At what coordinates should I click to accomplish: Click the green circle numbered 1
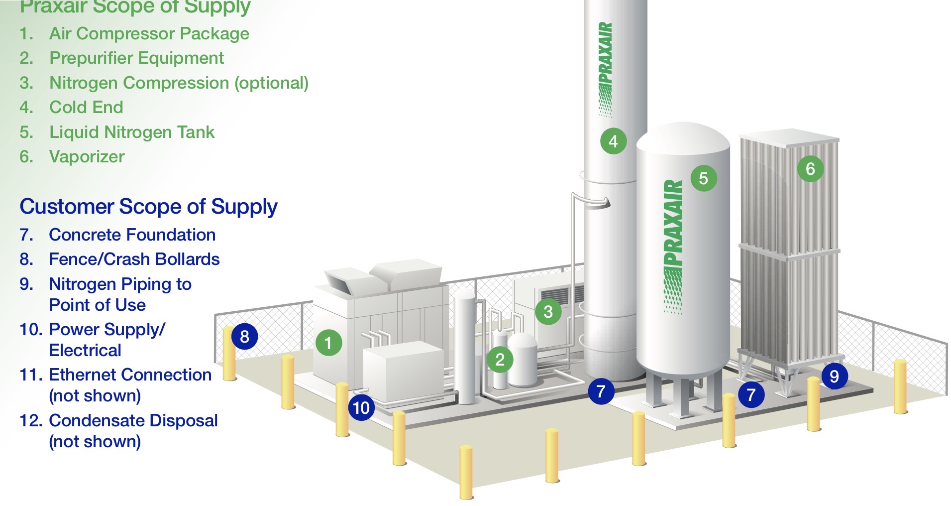pyautogui.click(x=328, y=343)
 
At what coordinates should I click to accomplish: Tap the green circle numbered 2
pyautogui.click(x=500, y=360)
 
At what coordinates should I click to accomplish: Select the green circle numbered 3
pyautogui.click(x=548, y=312)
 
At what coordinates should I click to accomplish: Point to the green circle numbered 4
pyautogui.click(x=613, y=141)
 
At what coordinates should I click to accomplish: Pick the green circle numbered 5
pyautogui.click(x=703, y=178)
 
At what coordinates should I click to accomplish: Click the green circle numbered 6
pyautogui.click(x=810, y=169)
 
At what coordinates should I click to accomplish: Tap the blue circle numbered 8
pyautogui.click(x=244, y=337)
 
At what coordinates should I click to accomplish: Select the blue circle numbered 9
pyautogui.click(x=835, y=376)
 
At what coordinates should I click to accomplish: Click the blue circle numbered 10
pyautogui.click(x=361, y=407)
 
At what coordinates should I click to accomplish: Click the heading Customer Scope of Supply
pyautogui.click(x=148, y=207)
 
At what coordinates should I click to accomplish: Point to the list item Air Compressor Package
pyautogui.click(x=149, y=33)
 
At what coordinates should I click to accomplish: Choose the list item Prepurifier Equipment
pyautogui.click(x=137, y=58)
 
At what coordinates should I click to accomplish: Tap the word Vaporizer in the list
pyautogui.click(x=87, y=156)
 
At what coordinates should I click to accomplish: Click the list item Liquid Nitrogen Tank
pyautogui.click(x=132, y=132)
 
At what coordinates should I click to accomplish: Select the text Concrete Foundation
pyautogui.click(x=132, y=235)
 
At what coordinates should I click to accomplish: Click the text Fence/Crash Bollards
pyautogui.click(x=134, y=259)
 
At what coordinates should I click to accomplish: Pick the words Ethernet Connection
pyautogui.click(x=130, y=375)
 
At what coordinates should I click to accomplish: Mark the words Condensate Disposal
pyautogui.click(x=133, y=420)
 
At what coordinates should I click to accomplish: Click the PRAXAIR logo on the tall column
pyautogui.click(x=605, y=69)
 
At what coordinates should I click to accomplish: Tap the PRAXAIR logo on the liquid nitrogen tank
pyautogui.click(x=673, y=247)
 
